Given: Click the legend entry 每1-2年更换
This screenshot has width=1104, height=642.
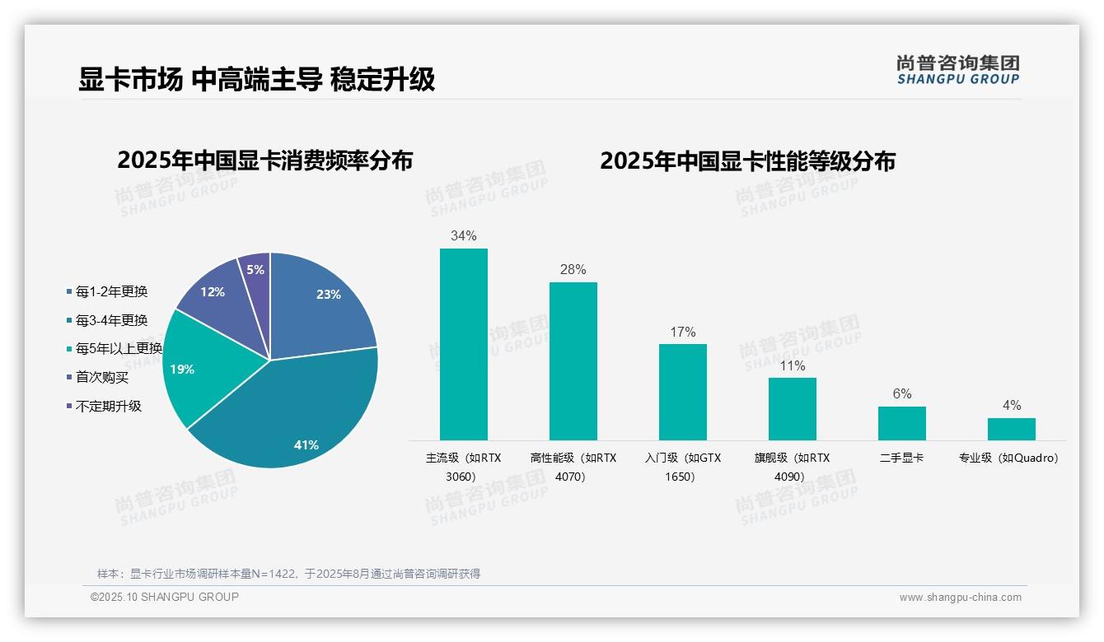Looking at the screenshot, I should tap(111, 292).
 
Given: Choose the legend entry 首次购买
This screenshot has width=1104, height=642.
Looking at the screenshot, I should tap(102, 378).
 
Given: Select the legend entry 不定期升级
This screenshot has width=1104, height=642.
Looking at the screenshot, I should tap(108, 406).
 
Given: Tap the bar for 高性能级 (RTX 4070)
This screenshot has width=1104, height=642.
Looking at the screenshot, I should tap(573, 361).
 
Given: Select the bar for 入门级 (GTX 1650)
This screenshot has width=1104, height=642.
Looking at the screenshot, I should tap(682, 392).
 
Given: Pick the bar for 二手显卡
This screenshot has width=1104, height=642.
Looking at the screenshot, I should tap(901, 423).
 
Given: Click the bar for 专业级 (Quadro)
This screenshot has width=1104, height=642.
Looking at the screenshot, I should tap(1011, 429).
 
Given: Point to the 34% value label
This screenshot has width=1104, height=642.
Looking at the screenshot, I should tap(463, 236).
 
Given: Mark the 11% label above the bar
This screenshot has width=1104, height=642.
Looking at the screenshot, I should tap(792, 366).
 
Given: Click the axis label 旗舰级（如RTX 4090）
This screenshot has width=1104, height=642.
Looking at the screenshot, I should tap(792, 467).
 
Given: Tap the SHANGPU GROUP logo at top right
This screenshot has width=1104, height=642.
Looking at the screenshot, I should tap(957, 70).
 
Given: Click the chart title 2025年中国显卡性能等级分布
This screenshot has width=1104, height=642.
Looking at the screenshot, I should tap(747, 160).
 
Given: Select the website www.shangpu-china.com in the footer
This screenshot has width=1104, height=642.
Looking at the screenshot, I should tap(960, 598).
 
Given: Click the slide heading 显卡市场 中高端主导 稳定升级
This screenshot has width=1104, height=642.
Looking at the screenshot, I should tap(256, 80).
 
